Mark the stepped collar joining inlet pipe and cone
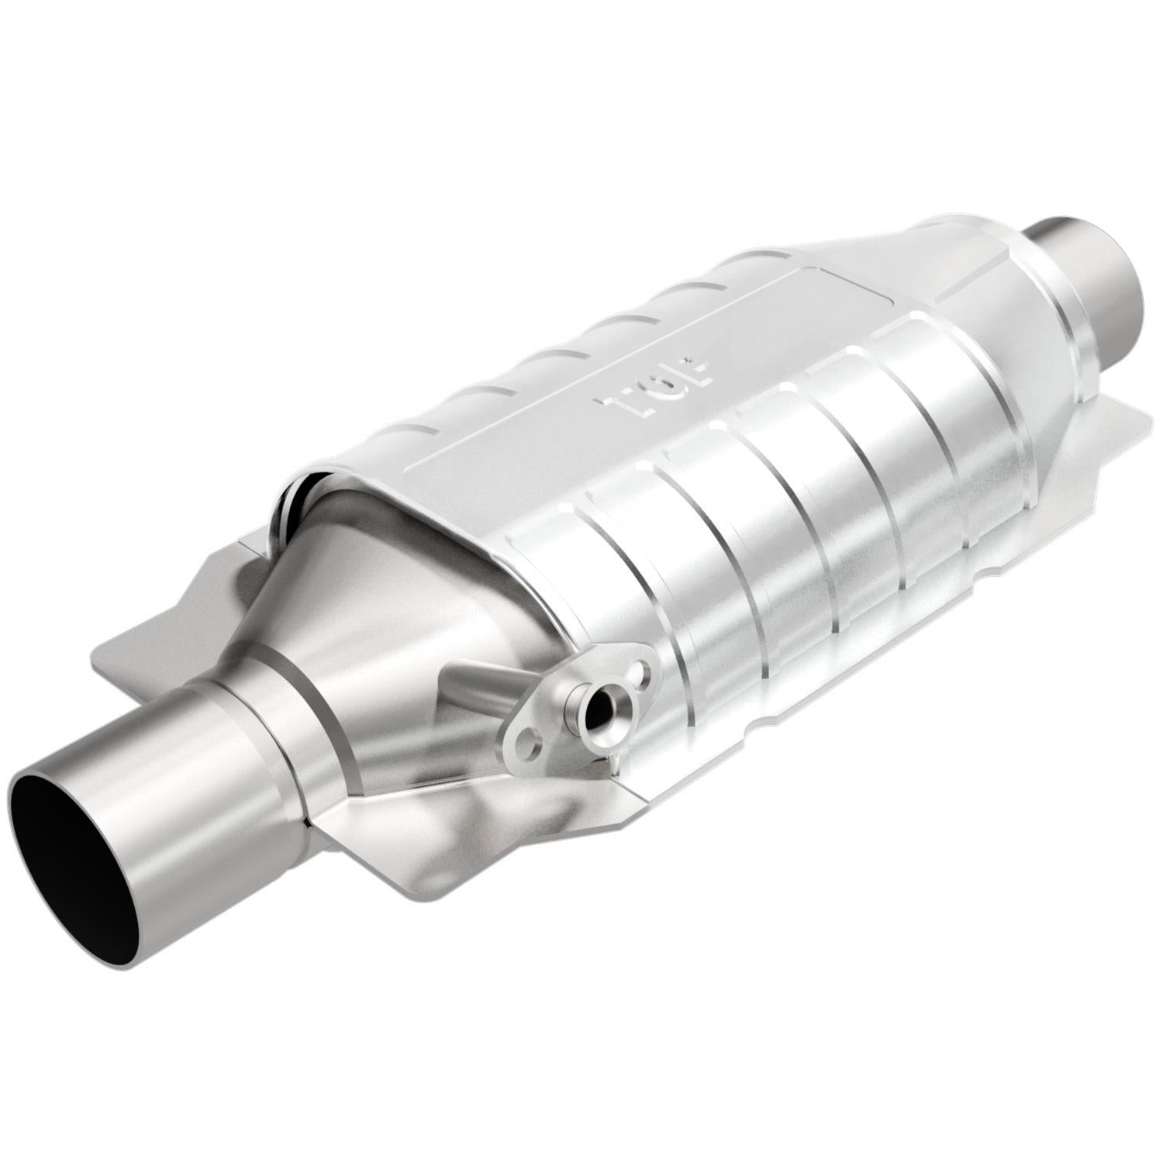(x=264, y=713)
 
